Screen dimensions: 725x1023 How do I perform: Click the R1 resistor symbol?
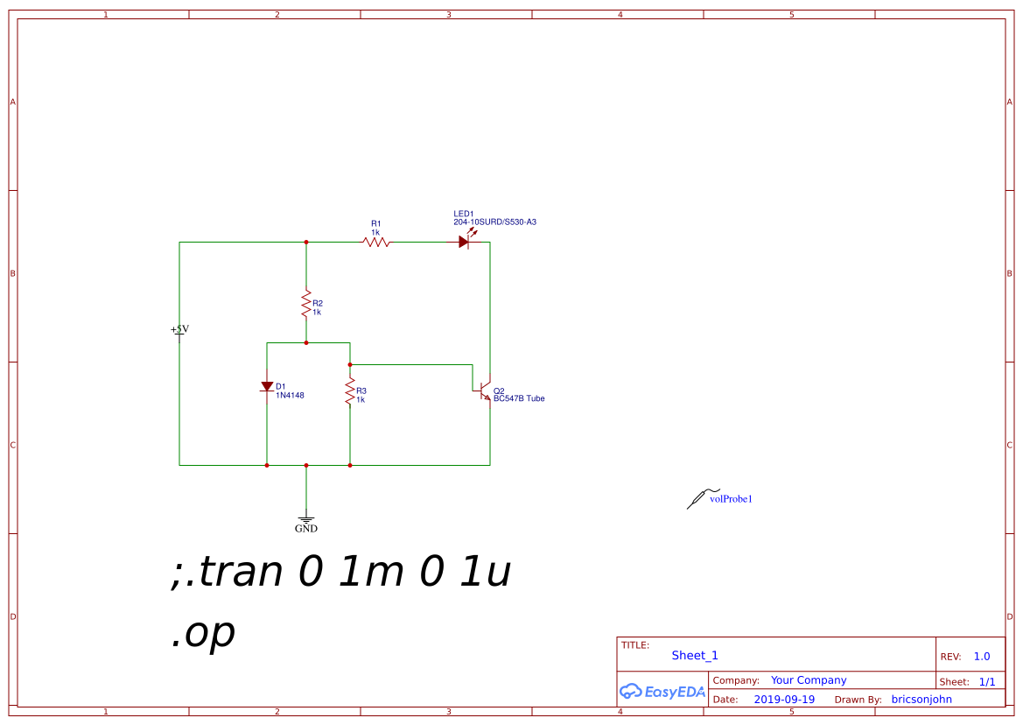click(376, 243)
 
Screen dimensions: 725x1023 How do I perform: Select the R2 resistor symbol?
click(306, 305)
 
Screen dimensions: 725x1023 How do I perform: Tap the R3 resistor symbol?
click(350, 392)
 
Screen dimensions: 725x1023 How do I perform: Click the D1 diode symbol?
click(267, 386)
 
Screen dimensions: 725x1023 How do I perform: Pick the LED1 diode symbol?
click(464, 242)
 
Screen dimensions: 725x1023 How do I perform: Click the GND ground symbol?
click(306, 518)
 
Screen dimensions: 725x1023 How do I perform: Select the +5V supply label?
click(179, 329)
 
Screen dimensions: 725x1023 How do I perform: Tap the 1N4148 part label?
click(290, 396)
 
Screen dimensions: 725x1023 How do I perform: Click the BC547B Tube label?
click(519, 398)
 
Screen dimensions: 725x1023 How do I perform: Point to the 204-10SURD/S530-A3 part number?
click(494, 222)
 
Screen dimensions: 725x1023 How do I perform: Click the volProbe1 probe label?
click(731, 499)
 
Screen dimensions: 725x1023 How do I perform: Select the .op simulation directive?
click(203, 633)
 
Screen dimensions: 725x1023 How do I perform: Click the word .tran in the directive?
click(232, 572)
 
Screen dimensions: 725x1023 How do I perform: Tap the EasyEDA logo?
click(662, 691)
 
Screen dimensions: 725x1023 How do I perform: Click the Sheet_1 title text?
click(695, 656)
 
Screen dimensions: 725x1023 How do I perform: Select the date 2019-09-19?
click(784, 700)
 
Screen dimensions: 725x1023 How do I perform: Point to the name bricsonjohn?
click(921, 700)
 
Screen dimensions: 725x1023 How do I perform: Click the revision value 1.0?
click(982, 657)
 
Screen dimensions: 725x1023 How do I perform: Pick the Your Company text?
click(809, 680)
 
